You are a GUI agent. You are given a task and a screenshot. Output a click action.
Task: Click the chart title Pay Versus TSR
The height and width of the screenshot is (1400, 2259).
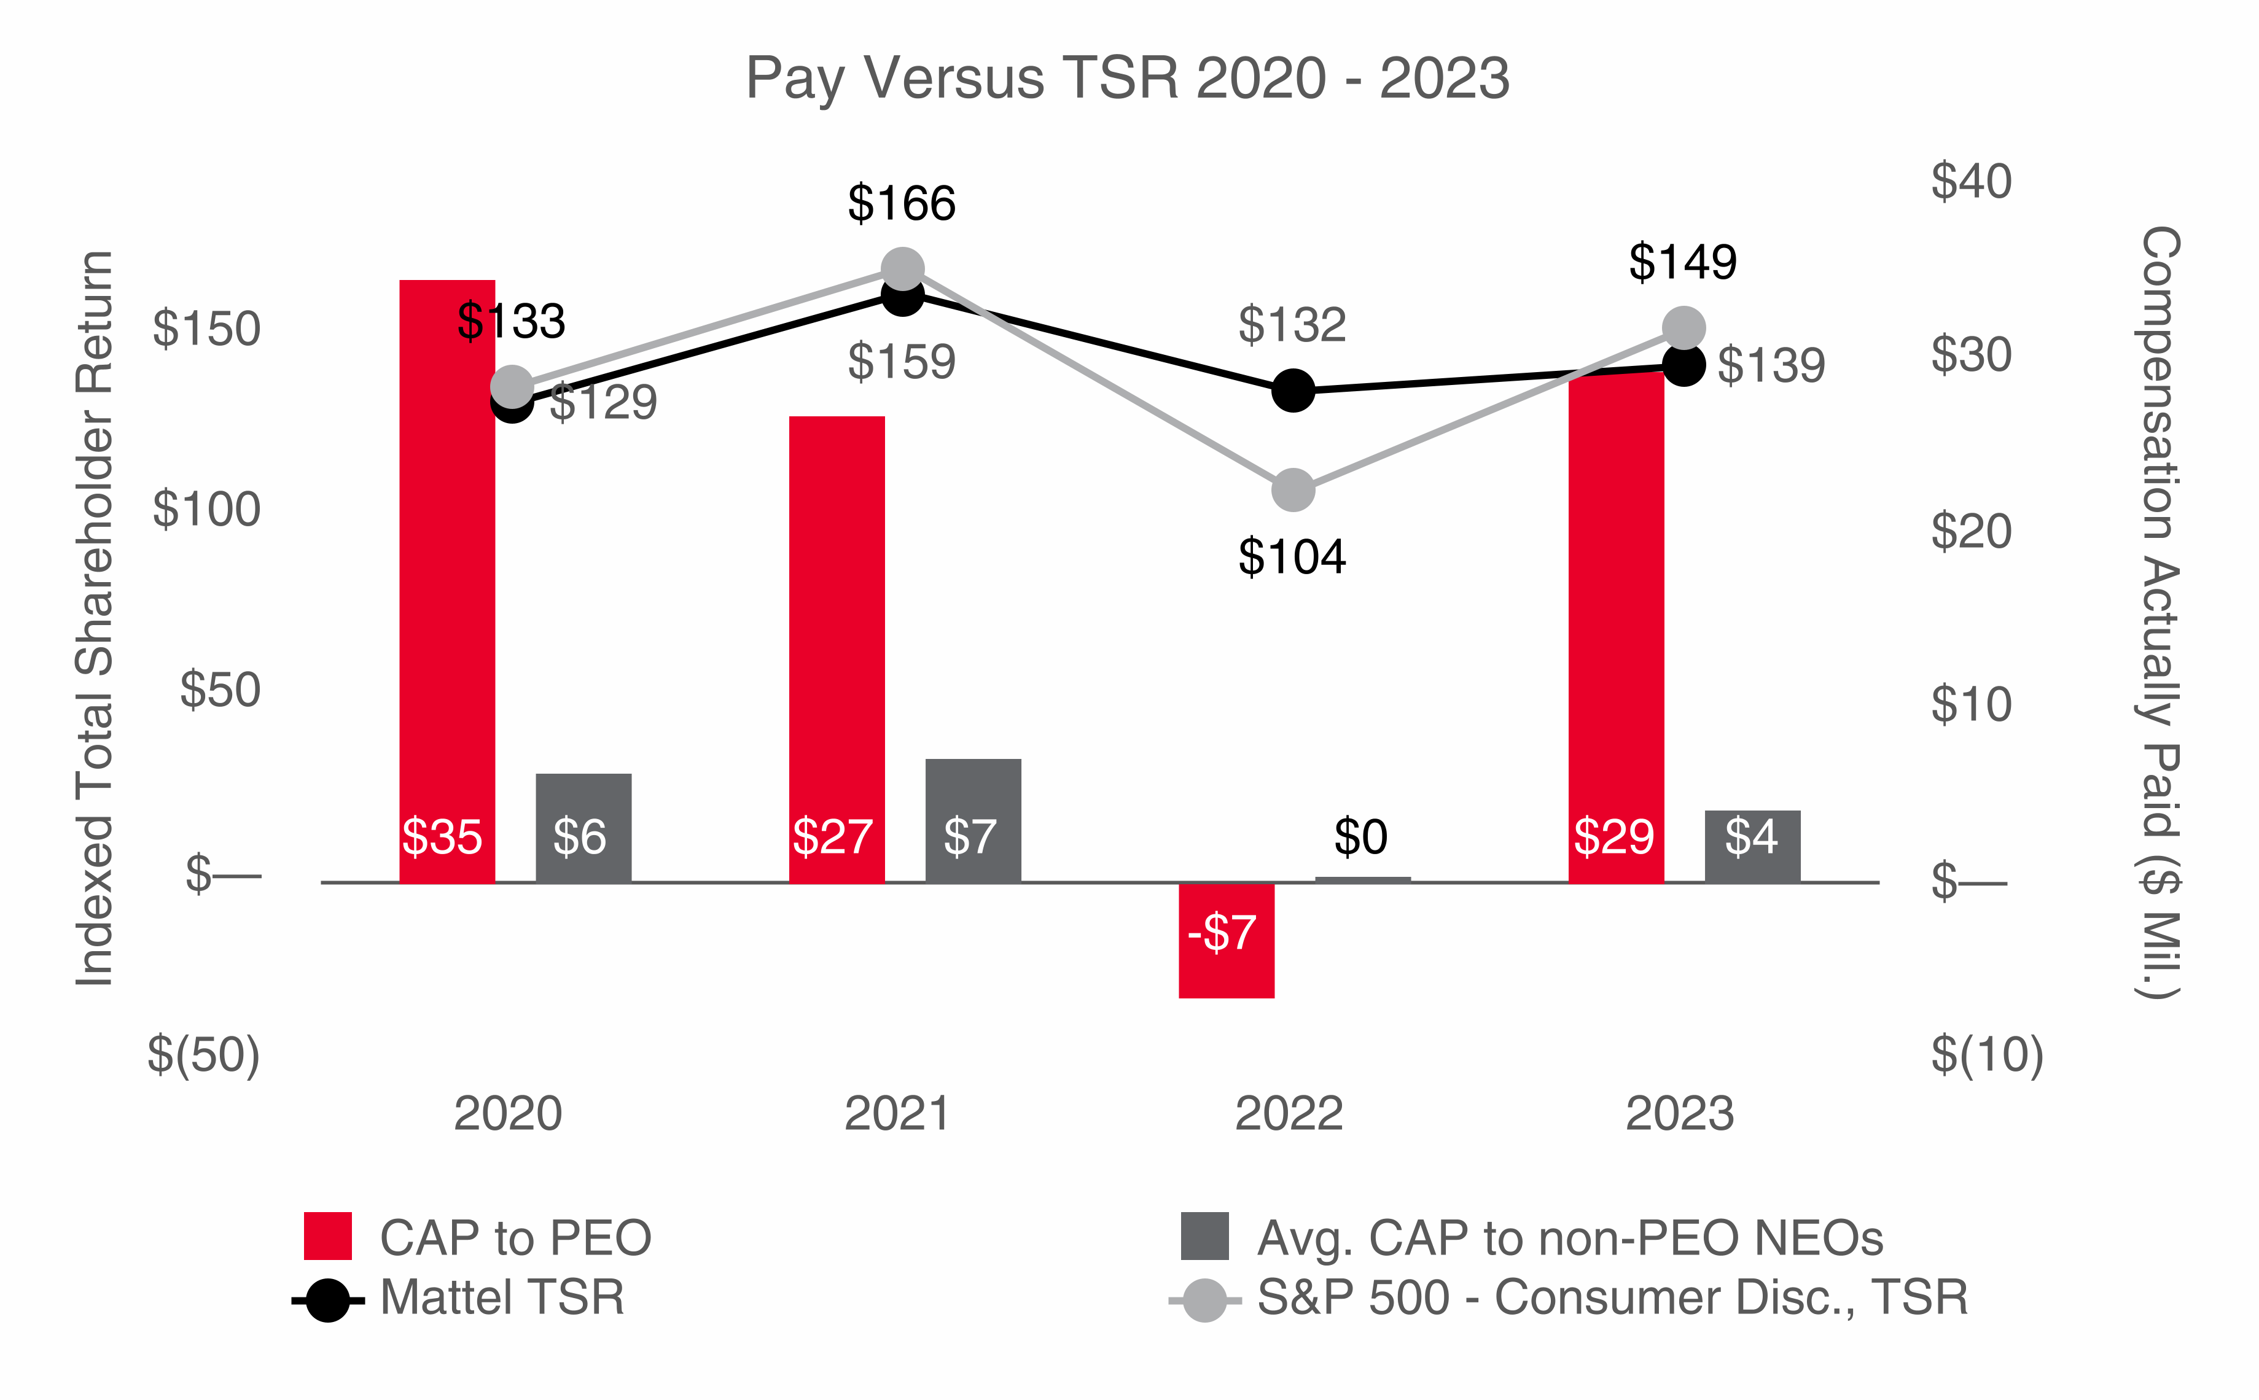tap(1127, 78)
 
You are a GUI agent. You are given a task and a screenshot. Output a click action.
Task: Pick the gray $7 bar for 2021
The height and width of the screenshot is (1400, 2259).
tap(972, 820)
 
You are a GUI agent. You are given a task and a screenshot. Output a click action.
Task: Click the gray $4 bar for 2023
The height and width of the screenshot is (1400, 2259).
tap(1752, 846)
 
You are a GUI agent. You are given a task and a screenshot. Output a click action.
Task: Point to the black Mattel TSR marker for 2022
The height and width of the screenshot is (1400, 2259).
tap(1293, 390)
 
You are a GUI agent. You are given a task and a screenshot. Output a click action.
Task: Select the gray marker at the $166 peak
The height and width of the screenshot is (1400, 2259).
tap(902, 270)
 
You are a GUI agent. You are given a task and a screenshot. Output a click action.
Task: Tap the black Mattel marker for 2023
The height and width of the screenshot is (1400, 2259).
tap(1683, 365)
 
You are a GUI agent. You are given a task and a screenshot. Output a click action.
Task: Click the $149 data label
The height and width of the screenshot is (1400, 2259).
tap(1682, 262)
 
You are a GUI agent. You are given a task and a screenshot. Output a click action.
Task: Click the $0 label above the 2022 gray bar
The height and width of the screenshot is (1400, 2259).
tap(1360, 837)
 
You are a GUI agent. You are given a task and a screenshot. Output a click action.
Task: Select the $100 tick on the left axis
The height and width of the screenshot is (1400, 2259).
tap(206, 509)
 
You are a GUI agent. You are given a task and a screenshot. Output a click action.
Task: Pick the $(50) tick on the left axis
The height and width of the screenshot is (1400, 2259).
tap(204, 1055)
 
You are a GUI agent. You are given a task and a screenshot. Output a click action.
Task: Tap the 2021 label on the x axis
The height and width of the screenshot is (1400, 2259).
tap(897, 1113)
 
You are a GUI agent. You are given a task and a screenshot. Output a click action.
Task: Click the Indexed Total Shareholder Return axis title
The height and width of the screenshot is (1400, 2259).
tap(95, 618)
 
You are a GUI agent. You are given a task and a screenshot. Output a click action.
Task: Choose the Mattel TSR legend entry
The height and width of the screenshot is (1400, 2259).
tap(501, 1297)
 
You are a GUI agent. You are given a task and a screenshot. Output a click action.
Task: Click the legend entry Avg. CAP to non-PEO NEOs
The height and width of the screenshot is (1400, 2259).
tap(1569, 1238)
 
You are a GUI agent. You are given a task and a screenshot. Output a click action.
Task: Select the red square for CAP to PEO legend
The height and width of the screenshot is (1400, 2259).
tap(328, 1236)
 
